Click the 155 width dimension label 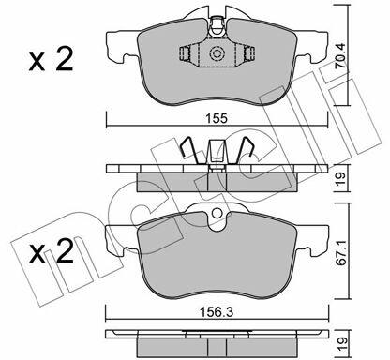217,119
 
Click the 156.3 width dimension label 217,312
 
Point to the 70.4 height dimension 339,55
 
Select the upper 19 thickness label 340,178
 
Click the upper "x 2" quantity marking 51,59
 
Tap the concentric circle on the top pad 217,53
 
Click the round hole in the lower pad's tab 217,213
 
